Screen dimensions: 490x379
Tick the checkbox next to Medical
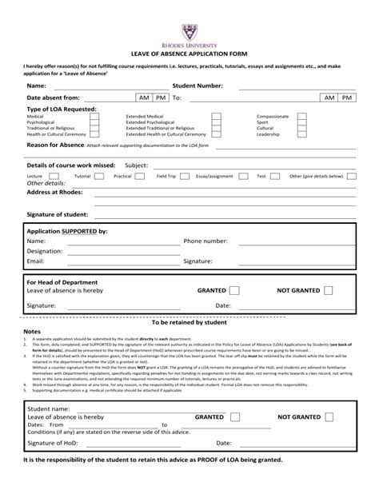point(94,115)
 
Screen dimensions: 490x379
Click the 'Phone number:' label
point(205,241)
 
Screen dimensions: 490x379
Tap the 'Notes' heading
point(31,331)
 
